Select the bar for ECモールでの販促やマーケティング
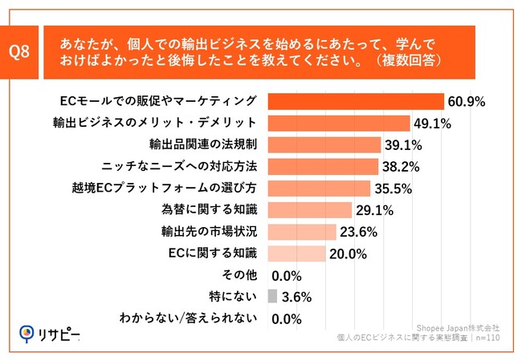(355, 102)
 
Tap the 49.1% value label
(432, 124)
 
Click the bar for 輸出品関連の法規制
(324, 145)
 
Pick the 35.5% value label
(393, 189)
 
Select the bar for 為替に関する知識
(309, 210)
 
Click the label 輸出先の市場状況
(209, 232)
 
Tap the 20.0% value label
(347, 254)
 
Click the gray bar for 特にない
(272, 296)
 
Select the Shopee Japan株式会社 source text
(459, 328)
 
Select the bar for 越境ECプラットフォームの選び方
(318, 189)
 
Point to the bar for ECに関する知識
(296, 254)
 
